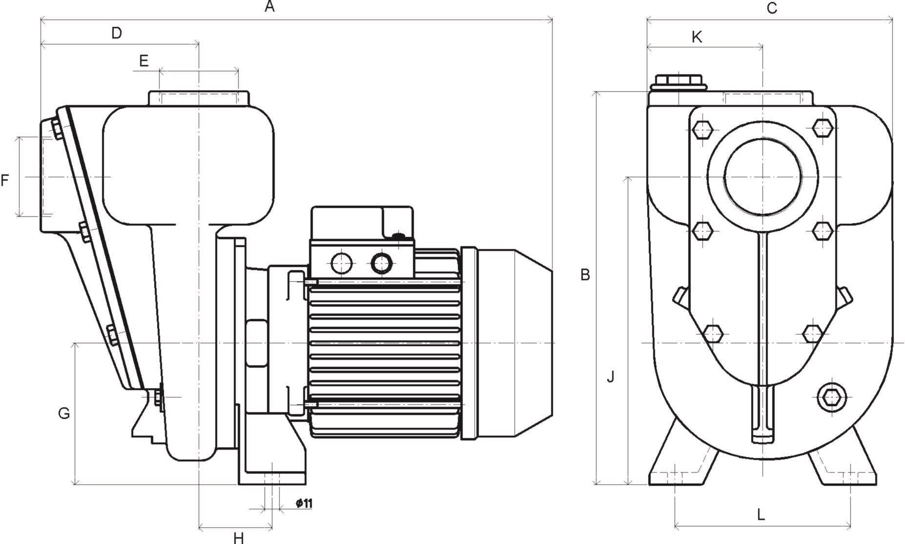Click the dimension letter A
pos(270,7)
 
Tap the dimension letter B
pos(585,275)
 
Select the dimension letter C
pos(771,8)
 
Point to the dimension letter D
pos(116,33)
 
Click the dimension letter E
pos(143,61)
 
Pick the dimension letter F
pos(5,181)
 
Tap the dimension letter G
pos(64,414)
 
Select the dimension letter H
pos(238,538)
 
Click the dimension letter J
pos(610,377)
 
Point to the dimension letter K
pos(697,37)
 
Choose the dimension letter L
pos(761,514)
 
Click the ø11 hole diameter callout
pos(304,503)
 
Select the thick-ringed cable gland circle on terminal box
pos(381,264)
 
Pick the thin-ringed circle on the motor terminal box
pos(341,264)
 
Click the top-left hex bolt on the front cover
pos(702,129)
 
